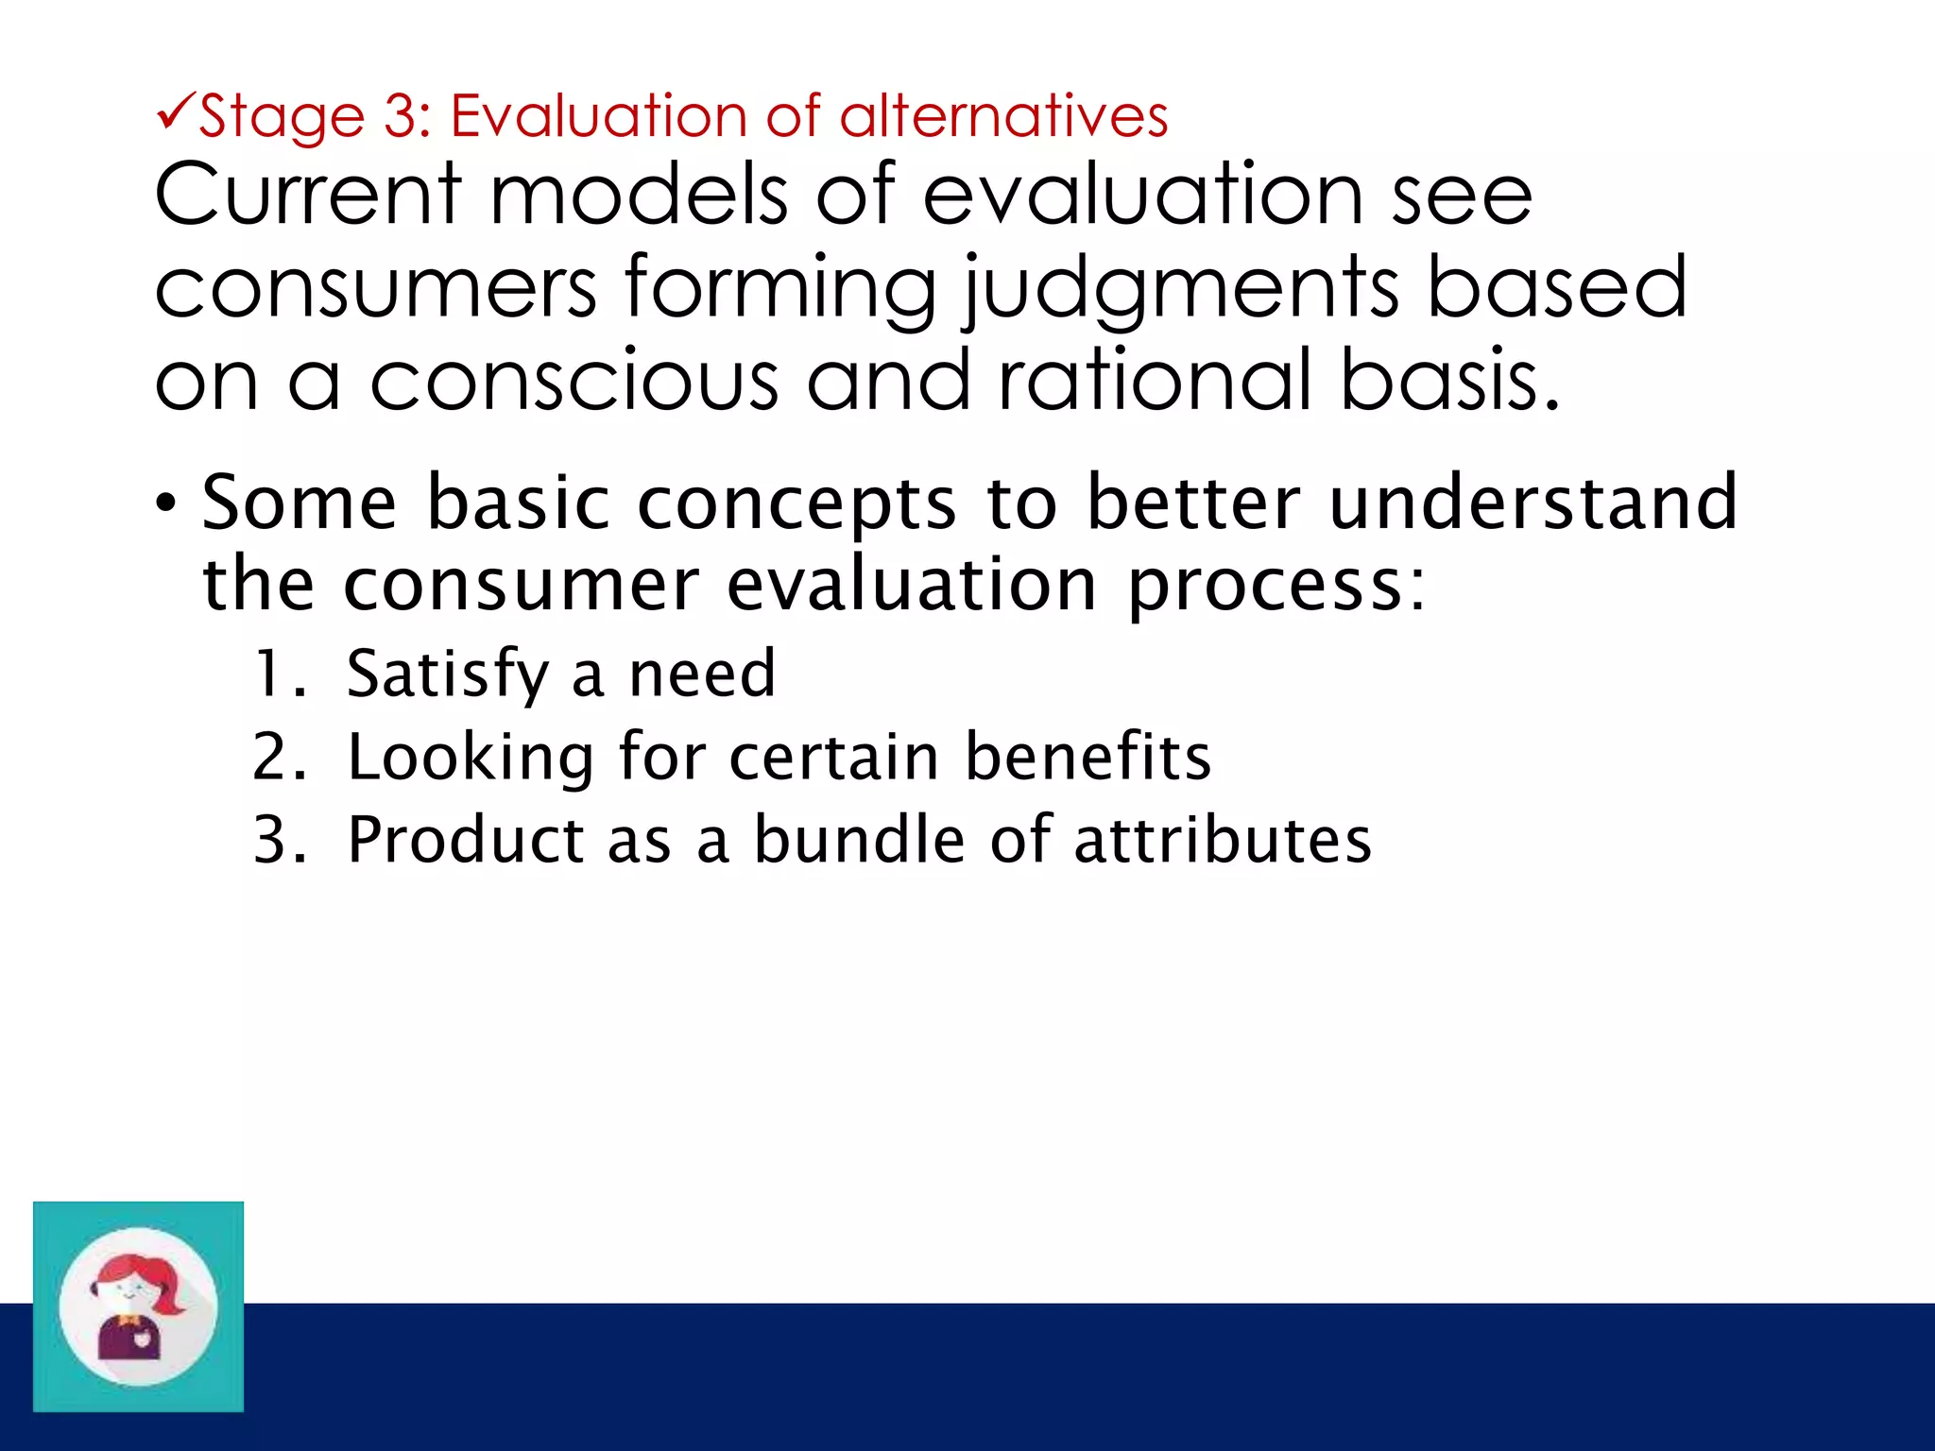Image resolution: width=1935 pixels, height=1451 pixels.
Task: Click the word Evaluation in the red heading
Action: (598, 117)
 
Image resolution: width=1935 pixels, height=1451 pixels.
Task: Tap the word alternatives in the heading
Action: (1003, 117)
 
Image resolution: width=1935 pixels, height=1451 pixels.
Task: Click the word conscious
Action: (574, 381)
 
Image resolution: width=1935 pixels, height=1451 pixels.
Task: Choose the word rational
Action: (1156, 381)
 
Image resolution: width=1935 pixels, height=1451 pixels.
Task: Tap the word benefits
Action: (1087, 758)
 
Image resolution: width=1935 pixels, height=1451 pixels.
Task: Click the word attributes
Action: (1223, 840)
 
